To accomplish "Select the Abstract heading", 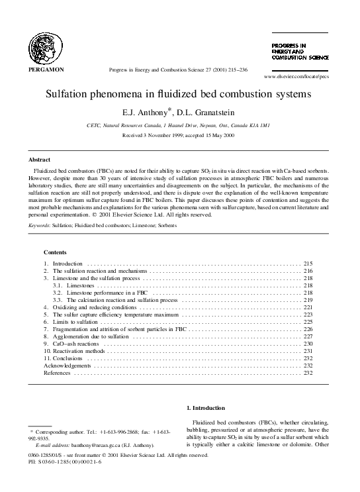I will coord(39,160).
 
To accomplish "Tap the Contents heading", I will coord(55,252).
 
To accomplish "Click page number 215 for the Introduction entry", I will coord(308,264).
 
